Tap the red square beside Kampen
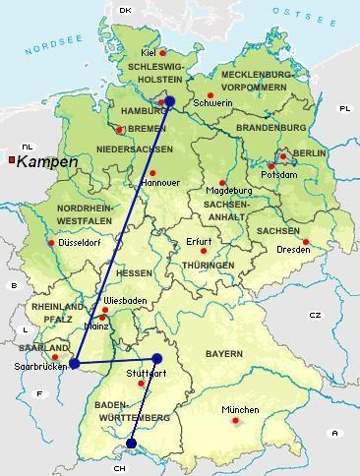pos(11,159)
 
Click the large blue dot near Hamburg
pos(169,100)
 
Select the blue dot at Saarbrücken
pos(75,363)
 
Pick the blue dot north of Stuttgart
pos(156,358)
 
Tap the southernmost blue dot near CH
pos(132,444)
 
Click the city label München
pos(240,410)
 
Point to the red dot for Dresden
pos(306,242)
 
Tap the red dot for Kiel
pos(164,53)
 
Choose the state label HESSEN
pos(134,272)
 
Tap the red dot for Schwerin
pos(210,94)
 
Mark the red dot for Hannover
pos(152,173)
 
